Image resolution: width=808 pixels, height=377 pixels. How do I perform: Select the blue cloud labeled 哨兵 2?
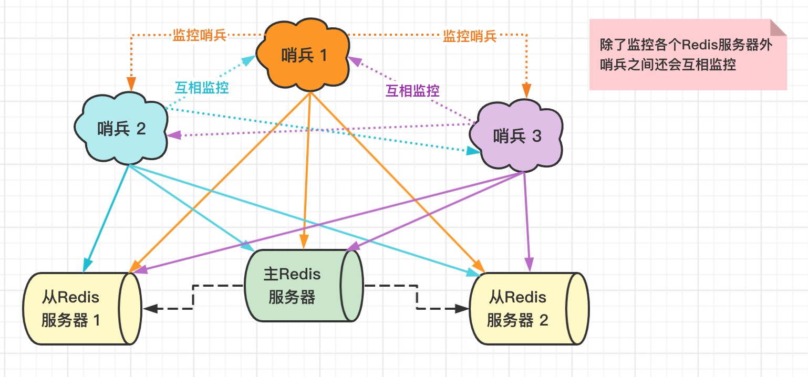(122, 129)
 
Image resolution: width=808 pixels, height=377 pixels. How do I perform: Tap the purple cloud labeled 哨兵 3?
(517, 137)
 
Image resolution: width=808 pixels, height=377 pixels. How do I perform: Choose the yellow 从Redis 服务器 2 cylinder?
(520, 309)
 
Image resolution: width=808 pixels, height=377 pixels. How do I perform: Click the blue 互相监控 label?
(202, 88)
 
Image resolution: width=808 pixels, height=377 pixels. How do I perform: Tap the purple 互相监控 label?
(412, 90)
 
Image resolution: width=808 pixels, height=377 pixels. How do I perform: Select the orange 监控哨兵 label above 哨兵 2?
(199, 36)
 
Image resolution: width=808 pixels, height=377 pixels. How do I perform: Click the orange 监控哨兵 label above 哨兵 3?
(470, 36)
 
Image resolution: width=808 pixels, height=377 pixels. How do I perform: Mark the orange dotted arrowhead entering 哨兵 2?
(131, 85)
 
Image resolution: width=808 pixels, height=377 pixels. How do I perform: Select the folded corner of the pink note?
(778, 27)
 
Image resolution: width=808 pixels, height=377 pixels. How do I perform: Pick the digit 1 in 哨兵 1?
(323, 55)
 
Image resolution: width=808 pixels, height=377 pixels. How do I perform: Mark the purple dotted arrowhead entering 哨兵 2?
(174, 135)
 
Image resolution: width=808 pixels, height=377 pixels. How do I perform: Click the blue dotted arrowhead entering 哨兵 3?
(474, 151)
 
